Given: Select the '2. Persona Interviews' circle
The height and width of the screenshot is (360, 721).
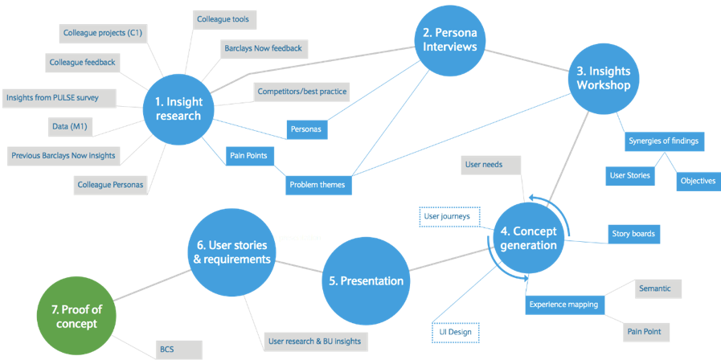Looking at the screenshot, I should (x=450, y=41).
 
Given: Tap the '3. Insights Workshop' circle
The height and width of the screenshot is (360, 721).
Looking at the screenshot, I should (x=604, y=78).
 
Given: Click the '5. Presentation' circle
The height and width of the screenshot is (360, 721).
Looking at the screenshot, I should (x=366, y=281).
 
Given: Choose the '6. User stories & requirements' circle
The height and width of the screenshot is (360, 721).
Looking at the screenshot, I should (x=231, y=252).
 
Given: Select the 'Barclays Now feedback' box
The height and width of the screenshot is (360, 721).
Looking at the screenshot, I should (x=263, y=48).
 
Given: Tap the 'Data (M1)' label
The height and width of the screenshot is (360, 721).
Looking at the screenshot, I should (x=69, y=126).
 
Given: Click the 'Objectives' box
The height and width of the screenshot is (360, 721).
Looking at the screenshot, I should (x=697, y=181).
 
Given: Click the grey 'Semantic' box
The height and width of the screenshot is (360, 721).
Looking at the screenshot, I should (x=656, y=288).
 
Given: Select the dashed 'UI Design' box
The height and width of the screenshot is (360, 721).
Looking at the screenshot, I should (x=454, y=331).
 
